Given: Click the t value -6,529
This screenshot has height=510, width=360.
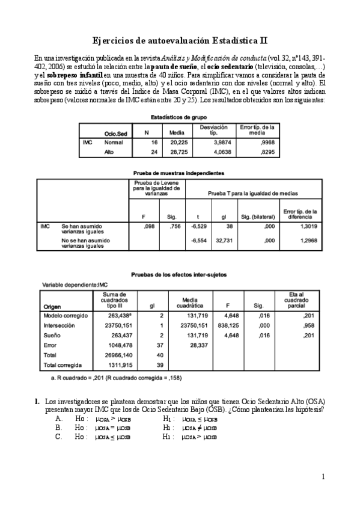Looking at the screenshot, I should pos(198,227).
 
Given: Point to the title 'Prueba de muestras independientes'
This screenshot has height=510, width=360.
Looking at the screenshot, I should pos(180,173).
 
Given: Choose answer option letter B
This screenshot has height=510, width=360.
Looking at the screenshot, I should pos(58,428).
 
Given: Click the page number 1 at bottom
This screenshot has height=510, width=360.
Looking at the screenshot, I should pos(323,477).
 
